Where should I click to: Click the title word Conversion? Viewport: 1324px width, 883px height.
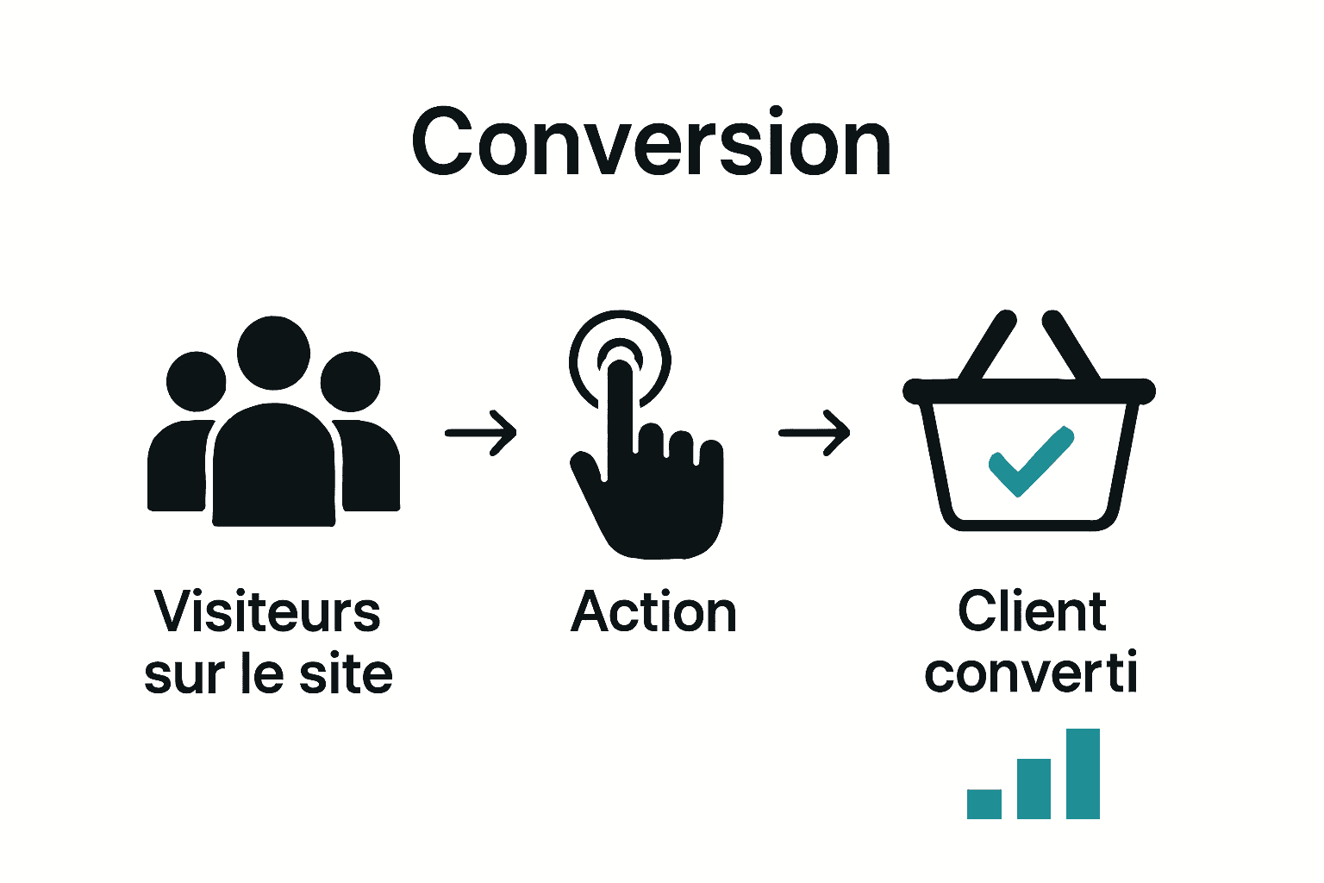pos(651,143)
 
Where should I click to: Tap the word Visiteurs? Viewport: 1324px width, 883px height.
pos(267,611)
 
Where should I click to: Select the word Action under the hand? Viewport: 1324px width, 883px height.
pos(653,612)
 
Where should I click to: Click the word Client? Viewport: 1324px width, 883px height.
pos(1032,611)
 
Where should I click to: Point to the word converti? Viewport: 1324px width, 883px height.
pos(1031,673)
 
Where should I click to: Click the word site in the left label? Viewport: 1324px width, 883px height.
pos(345,674)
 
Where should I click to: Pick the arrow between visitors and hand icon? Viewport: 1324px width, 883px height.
pos(481,432)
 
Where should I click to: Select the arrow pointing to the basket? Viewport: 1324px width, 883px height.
pos(815,432)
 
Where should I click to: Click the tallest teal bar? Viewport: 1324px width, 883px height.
pos(1083,773)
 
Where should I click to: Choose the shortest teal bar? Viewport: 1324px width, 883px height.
pos(984,804)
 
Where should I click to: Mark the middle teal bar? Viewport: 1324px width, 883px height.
pos(1034,788)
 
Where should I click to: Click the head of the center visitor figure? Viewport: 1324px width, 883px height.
pos(273,353)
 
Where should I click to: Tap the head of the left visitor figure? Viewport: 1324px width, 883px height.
pos(196,380)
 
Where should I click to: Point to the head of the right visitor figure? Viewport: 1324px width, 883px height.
pos(350,381)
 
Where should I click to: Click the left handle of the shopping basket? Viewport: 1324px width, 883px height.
pos(988,347)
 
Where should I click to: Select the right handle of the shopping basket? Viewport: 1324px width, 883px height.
pos(1071,347)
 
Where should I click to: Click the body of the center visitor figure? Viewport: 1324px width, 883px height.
pos(273,470)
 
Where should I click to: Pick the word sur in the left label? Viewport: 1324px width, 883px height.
pos(178,674)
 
